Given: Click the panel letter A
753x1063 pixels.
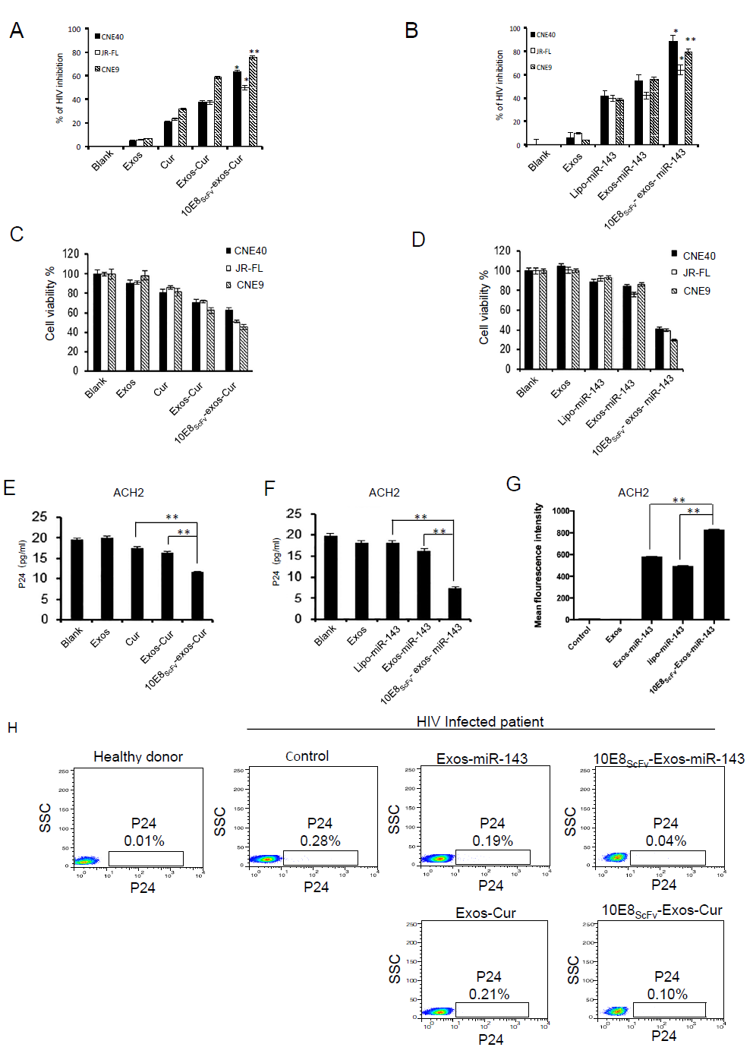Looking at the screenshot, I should pos(17,30).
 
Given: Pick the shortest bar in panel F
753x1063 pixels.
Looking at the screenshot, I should pos(455,603).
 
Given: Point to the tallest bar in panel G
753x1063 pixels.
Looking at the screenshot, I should pos(714,574).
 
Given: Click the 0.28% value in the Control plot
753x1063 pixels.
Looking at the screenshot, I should pos(320,841).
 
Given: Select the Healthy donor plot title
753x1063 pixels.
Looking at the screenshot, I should pos(138,756).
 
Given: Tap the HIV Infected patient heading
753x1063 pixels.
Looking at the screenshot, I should pos(480,721).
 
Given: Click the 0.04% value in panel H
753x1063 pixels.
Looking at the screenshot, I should pos(666,841).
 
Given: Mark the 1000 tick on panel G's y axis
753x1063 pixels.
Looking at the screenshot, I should pos(561,511).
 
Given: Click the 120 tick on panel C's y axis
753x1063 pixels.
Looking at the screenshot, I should pos(71,254).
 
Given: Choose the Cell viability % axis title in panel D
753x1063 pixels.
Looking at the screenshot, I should pos(484,308).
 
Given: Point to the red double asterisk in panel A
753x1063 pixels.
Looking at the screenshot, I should pos(254,52).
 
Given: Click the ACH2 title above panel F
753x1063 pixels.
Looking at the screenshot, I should pos(384,492).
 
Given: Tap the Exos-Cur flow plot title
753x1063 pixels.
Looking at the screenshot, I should pos(486,913).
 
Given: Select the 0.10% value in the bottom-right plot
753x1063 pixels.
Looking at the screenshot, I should pos(667,994).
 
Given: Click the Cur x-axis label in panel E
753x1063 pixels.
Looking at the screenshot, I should pos(133,639).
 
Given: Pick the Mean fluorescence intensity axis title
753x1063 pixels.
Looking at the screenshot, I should pos(538,565).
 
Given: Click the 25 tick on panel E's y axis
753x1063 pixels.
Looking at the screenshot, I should pos(39,516).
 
